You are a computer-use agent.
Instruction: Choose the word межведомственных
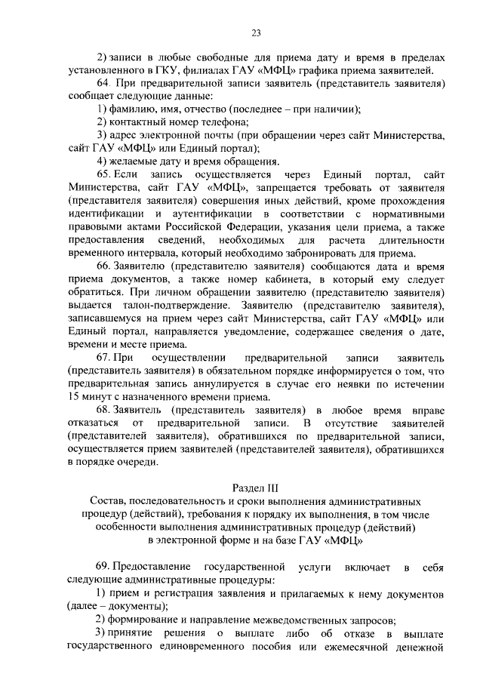coord(302,619)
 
